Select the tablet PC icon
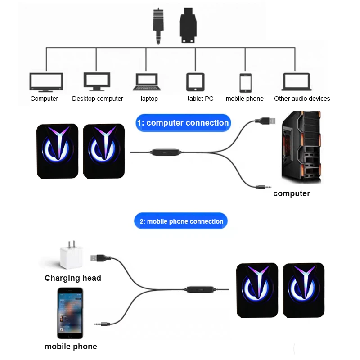(x=195, y=82)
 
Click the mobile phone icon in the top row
(x=245, y=83)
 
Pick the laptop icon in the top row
(x=147, y=82)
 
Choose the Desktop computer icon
(x=97, y=81)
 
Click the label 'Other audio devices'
(x=302, y=99)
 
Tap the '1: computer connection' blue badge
(x=183, y=123)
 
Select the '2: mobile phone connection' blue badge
(x=181, y=221)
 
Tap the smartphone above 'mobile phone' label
(x=70, y=313)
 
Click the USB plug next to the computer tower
(x=264, y=121)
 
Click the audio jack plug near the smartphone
(x=102, y=323)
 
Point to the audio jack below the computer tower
(x=263, y=186)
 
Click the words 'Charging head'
(x=73, y=278)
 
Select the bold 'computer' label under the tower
(x=292, y=193)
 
